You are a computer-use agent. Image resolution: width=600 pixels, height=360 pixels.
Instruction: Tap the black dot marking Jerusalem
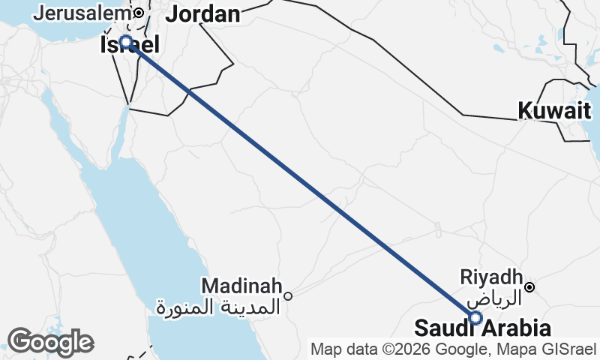tap(139, 13)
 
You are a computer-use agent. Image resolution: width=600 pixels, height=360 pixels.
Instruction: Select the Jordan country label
tap(202, 13)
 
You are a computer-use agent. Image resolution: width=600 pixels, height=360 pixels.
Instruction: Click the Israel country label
tap(129, 46)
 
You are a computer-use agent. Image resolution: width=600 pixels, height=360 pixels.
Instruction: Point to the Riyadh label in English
tap(491, 276)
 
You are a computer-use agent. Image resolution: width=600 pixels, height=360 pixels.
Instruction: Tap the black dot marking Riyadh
tap(529, 286)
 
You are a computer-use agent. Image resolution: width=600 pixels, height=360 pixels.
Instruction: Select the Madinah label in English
tap(241, 286)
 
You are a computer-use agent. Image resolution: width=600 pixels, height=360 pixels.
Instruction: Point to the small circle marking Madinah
tap(287, 296)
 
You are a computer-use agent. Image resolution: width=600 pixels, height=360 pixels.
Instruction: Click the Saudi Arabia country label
tap(483, 328)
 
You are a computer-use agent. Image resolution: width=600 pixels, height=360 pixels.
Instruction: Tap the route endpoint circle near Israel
tap(126, 41)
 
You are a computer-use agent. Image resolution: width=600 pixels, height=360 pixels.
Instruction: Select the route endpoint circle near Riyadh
tap(475, 318)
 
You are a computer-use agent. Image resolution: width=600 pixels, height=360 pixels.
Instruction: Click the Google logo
tap(50, 342)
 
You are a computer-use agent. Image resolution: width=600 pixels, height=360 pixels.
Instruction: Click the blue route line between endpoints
tap(300, 179)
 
